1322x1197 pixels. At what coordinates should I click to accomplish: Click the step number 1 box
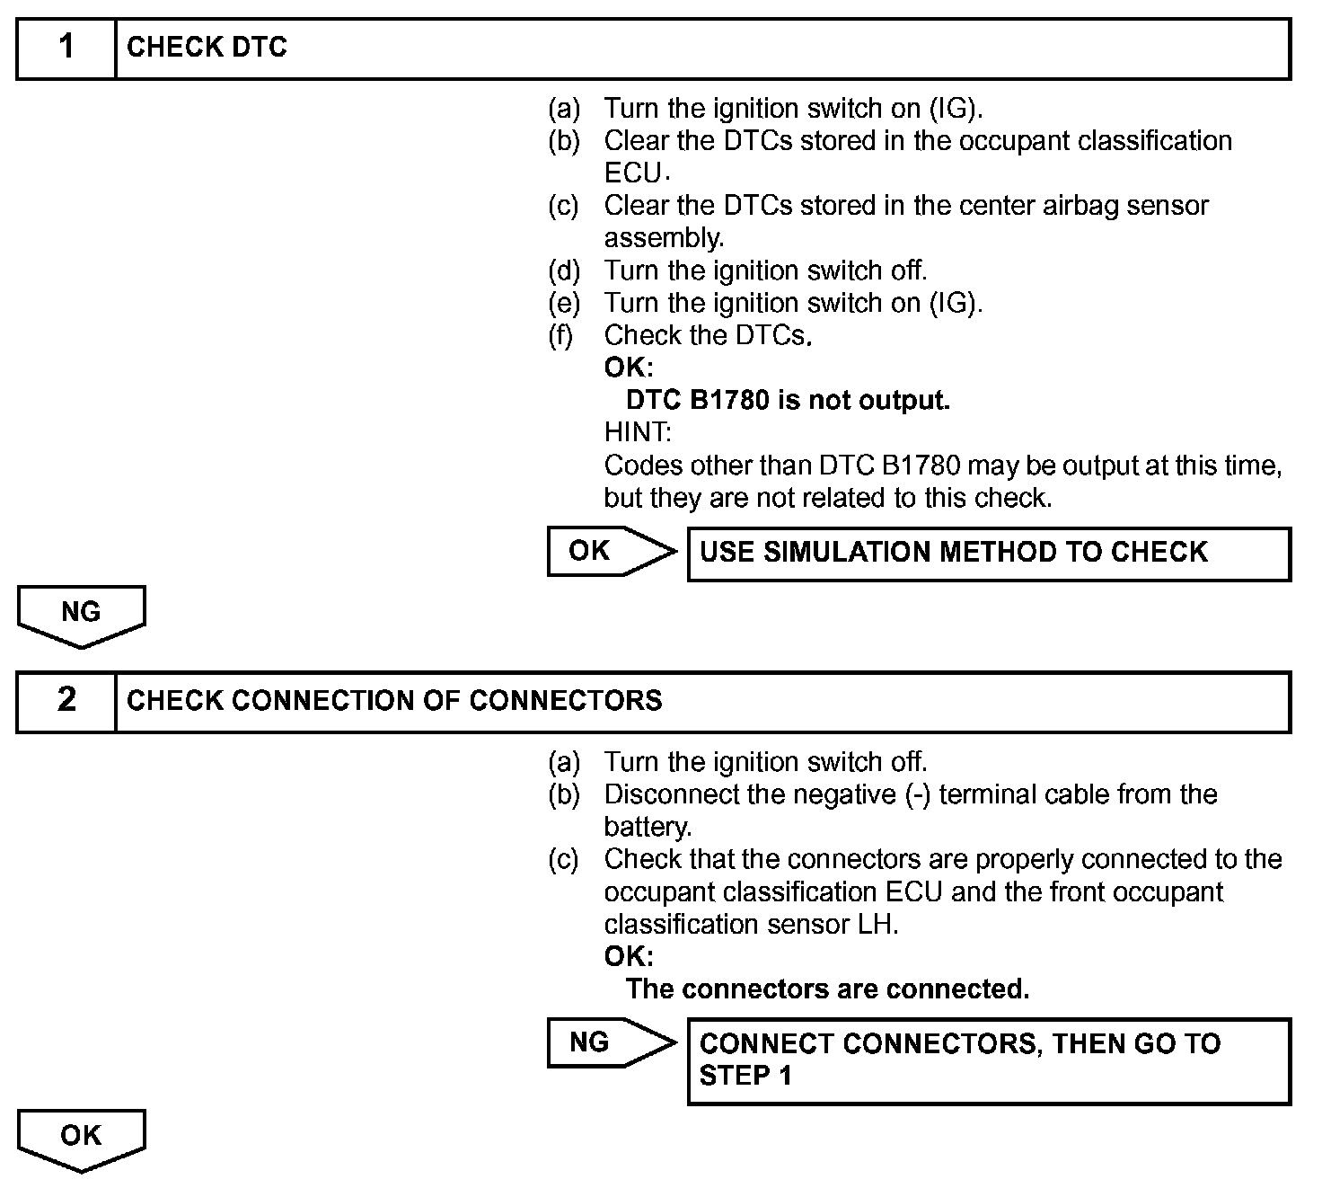point(66,48)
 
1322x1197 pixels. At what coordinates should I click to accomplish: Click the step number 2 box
point(66,701)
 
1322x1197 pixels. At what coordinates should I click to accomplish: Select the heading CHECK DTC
point(207,48)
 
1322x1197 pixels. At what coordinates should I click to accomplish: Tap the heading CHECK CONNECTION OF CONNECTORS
point(394,701)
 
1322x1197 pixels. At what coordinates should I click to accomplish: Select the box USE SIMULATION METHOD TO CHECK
point(988,553)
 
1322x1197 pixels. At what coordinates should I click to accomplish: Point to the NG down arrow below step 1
point(81,615)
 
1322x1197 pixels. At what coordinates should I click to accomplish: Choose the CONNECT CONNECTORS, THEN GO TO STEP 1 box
point(988,1060)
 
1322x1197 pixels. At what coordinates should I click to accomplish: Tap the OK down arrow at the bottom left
point(81,1139)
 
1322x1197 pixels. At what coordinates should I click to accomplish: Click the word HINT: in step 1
point(638,432)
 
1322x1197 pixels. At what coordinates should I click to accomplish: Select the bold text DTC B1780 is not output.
point(788,400)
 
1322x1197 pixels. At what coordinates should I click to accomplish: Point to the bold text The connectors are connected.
point(827,989)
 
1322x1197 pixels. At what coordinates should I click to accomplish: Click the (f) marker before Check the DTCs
point(564,335)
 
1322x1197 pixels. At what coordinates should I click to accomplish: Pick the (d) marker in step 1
point(564,270)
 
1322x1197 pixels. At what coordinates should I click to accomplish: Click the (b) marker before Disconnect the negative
point(564,794)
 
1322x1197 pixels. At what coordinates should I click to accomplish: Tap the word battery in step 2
point(645,827)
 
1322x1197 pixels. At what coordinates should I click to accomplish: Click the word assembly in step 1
point(662,238)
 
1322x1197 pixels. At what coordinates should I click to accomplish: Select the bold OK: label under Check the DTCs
point(629,368)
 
